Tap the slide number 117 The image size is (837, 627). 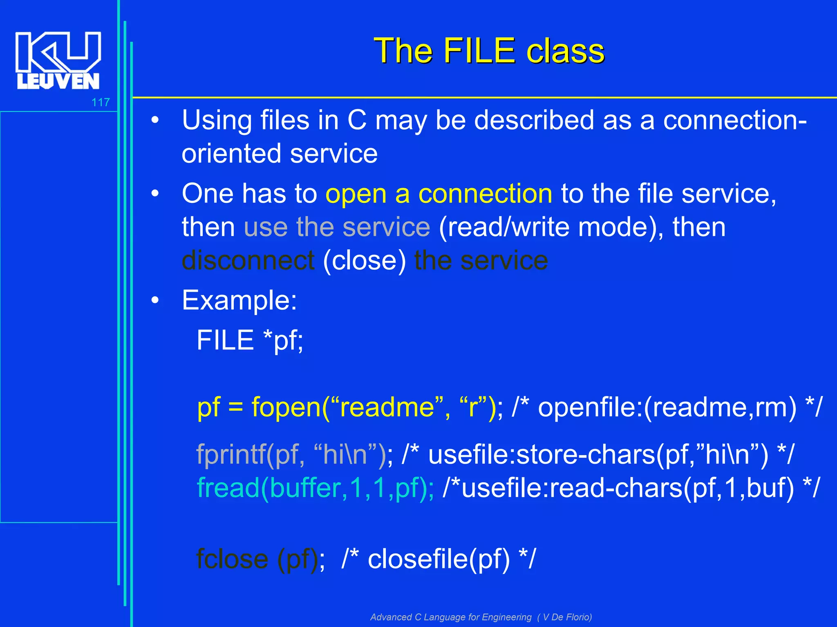[101, 102]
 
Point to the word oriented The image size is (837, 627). [231, 154]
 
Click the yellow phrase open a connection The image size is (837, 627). [439, 193]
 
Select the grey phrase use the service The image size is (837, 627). [337, 227]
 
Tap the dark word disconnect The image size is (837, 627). [248, 260]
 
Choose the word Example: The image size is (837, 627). [239, 300]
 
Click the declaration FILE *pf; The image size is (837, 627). [250, 340]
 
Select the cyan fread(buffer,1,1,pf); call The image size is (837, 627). [315, 488]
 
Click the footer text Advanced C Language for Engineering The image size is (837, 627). [451, 617]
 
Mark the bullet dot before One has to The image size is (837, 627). [155, 193]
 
